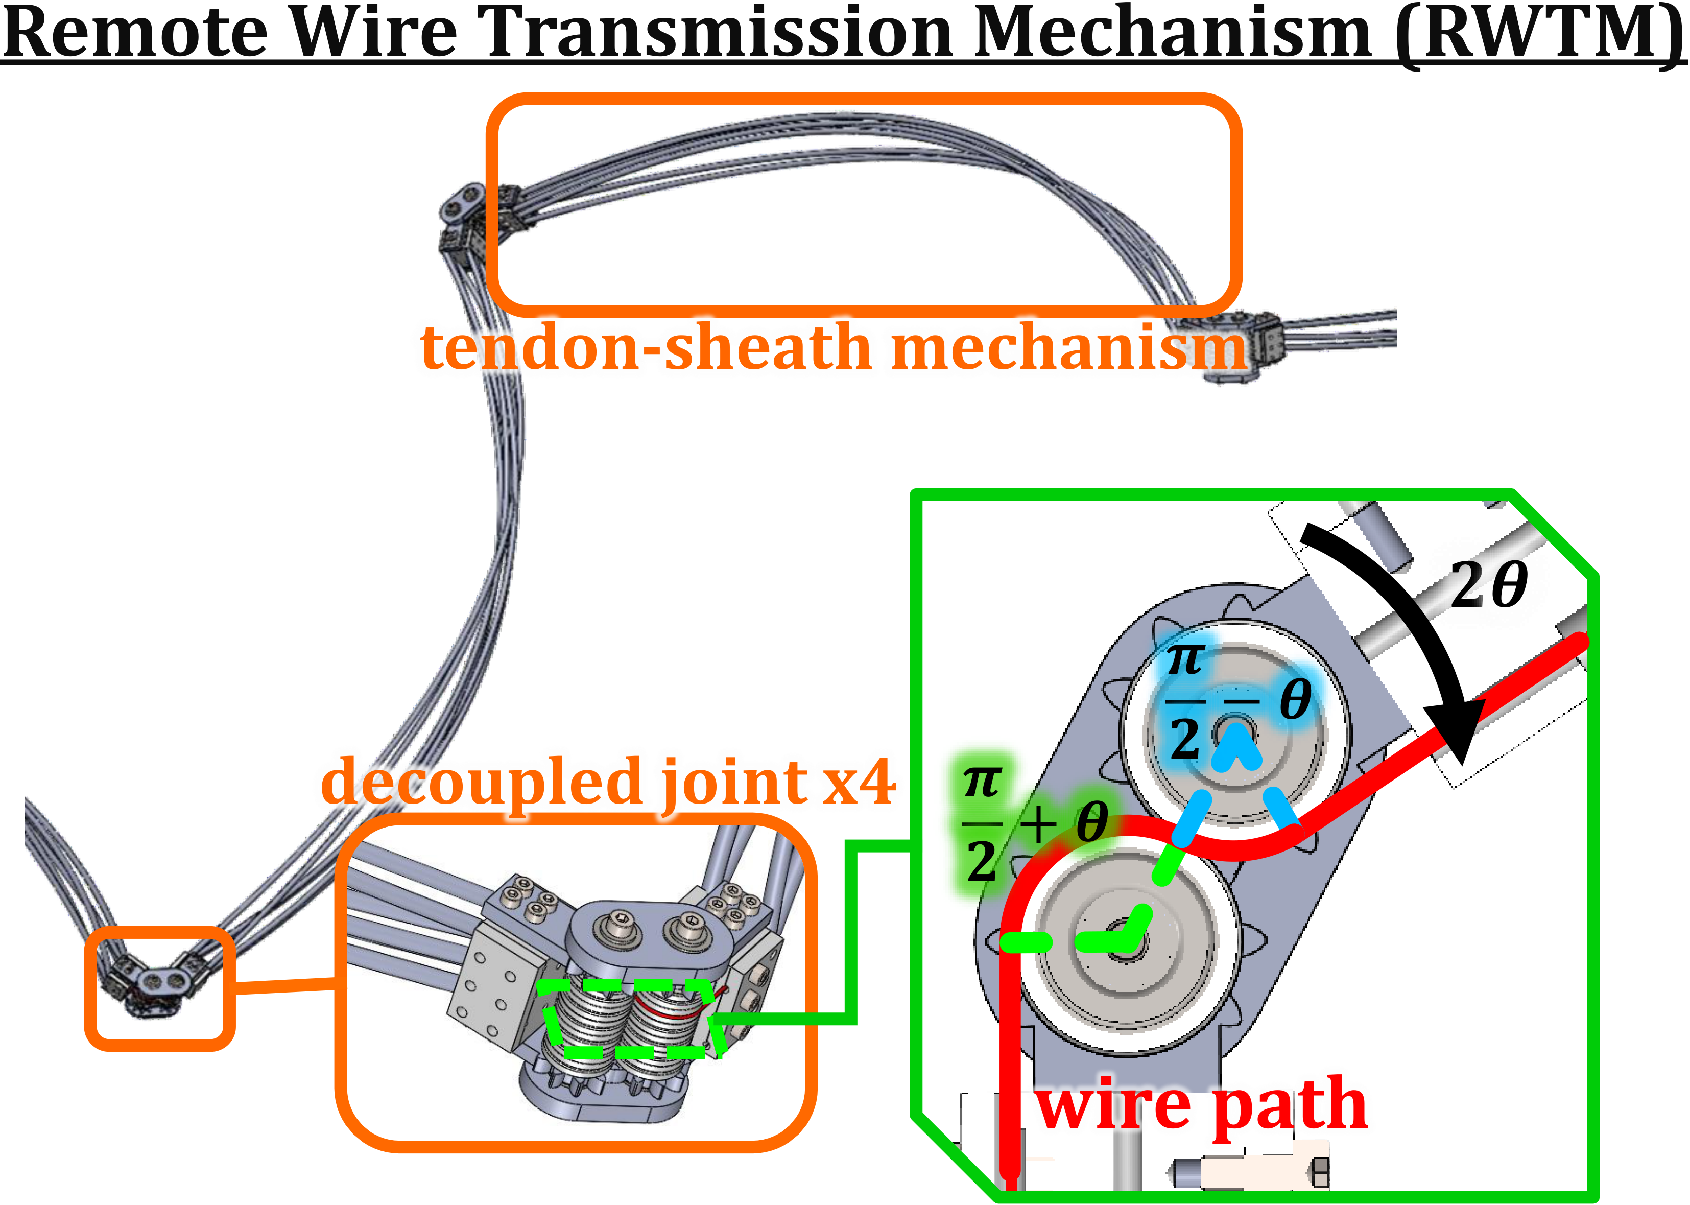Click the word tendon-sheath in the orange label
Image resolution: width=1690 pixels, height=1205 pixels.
tap(646, 347)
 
